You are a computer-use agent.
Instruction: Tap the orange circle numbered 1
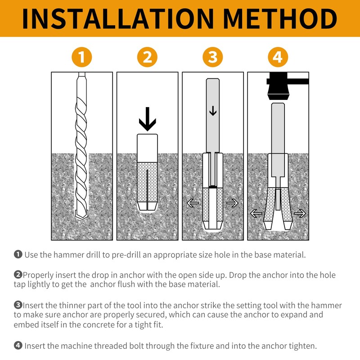click(81, 57)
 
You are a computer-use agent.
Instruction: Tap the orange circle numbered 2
click(147, 57)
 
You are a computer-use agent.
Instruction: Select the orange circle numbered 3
click(213, 57)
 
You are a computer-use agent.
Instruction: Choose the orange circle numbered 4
click(278, 57)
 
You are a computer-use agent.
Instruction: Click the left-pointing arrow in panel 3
click(193, 203)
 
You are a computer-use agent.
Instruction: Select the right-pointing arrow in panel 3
click(232, 203)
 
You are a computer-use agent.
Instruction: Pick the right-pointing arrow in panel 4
click(299, 213)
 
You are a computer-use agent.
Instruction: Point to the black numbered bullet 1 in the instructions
click(18, 255)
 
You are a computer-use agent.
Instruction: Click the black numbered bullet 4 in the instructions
click(18, 346)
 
